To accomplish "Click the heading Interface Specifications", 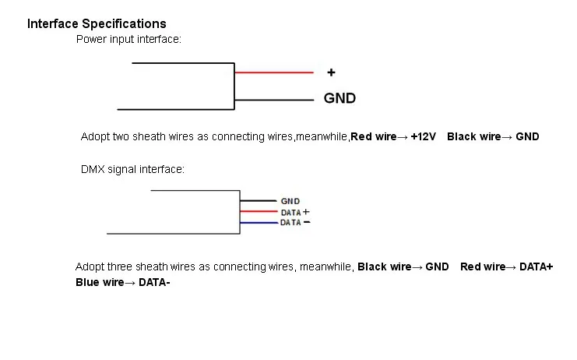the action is [x=97, y=24].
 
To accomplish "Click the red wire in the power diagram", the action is [x=274, y=72].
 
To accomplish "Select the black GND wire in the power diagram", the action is [x=274, y=100].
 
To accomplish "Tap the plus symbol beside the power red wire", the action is [x=331, y=72].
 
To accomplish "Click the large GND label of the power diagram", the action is [x=340, y=98].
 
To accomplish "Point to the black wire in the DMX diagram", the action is [x=259, y=200].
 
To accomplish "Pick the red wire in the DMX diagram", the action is [x=259, y=211].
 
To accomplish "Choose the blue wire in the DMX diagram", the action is [x=259, y=223].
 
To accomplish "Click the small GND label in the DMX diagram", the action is [x=290, y=201].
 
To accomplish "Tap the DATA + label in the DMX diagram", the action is [x=295, y=213].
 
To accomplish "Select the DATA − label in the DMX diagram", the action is [x=295, y=222].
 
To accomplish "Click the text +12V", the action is [x=423, y=136].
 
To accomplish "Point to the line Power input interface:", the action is [x=128, y=39].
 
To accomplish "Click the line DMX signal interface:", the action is [x=132, y=169].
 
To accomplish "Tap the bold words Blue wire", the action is [x=100, y=282].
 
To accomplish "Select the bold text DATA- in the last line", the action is [x=154, y=282].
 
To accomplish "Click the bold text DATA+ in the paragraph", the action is [x=537, y=266].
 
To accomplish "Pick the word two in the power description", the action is [x=121, y=136].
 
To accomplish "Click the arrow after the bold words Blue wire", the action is [x=130, y=283].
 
